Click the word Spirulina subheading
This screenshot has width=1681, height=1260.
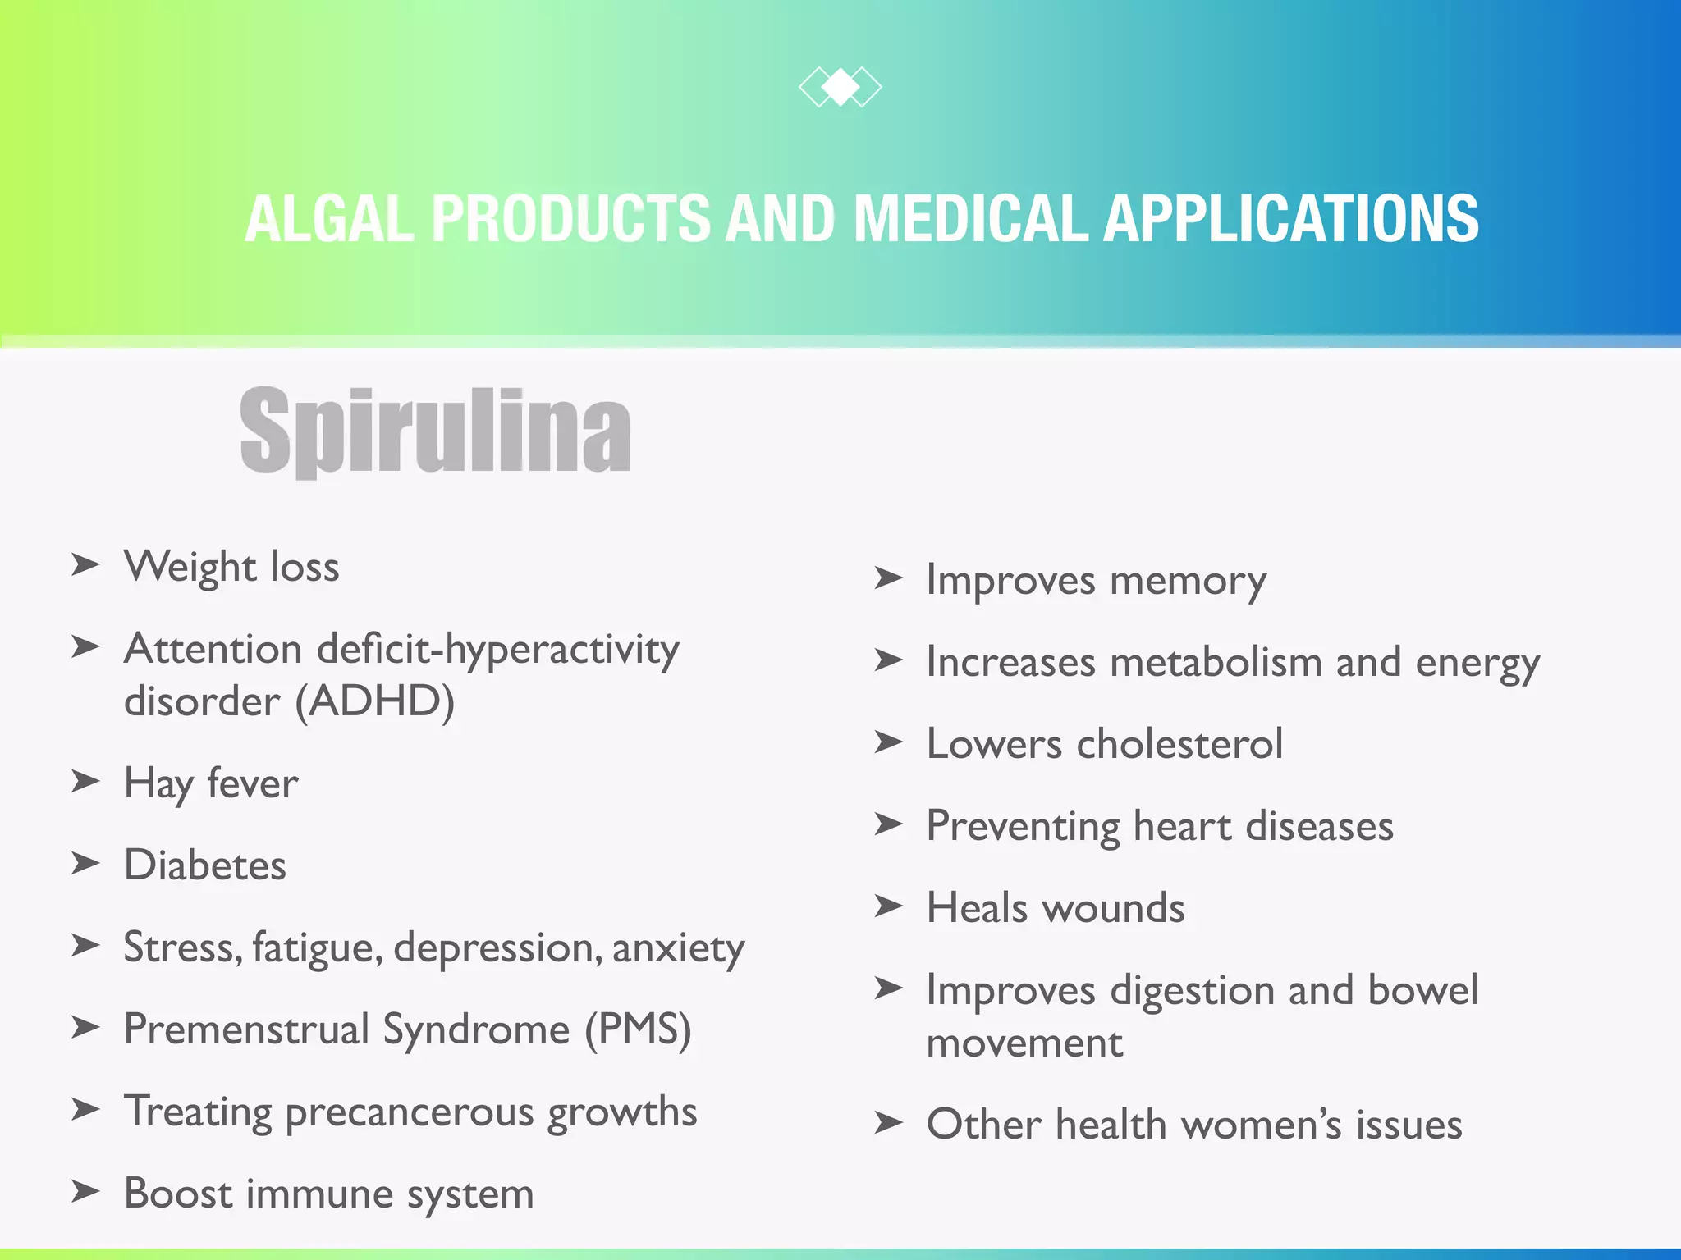[x=435, y=430]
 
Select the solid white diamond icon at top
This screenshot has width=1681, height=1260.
[x=840, y=86]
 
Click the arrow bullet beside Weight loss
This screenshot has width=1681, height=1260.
[x=85, y=564]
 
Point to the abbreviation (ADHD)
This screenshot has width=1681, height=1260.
[x=374, y=701]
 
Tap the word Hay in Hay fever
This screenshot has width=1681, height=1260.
[x=158, y=783]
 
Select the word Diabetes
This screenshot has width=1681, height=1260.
[x=205, y=865]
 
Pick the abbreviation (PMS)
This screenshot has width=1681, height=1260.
[x=638, y=1029]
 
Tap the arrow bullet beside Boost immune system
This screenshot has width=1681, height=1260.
[x=85, y=1191]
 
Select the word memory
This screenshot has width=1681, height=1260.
[x=1188, y=581]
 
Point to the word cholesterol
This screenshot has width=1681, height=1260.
[x=1179, y=744]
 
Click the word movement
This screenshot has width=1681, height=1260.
[x=1024, y=1043]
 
